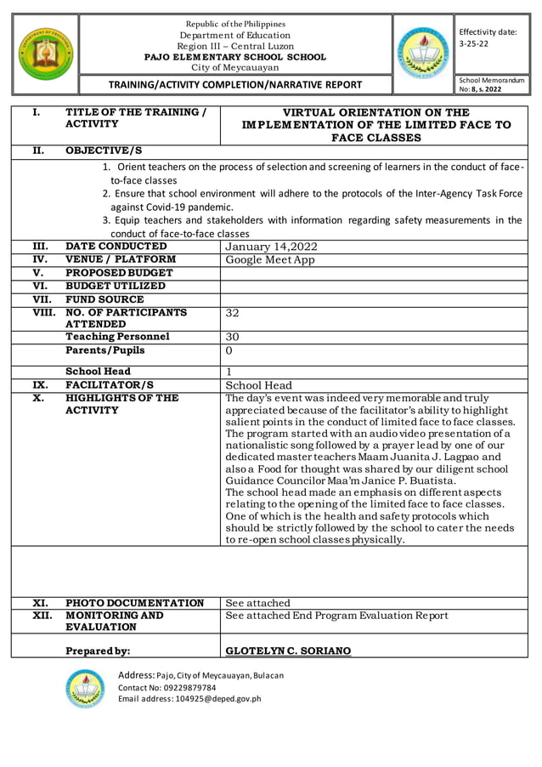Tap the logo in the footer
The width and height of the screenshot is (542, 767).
pos(84,688)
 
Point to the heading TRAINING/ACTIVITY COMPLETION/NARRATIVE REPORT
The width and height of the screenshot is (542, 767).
pos(234,84)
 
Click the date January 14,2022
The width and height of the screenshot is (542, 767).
pos(270,247)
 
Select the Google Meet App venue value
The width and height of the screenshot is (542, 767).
pos(270,259)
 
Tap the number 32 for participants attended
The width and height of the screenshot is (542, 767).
pos(233,313)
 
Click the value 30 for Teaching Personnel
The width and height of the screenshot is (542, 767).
pos(233,337)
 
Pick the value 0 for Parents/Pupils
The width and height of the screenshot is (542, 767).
pos(229,350)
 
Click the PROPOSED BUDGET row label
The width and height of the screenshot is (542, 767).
pos(119,272)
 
